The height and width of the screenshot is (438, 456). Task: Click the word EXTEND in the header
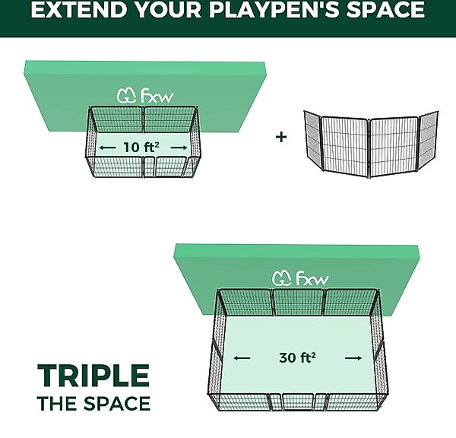click(79, 9)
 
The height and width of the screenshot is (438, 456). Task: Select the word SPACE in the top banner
click(385, 9)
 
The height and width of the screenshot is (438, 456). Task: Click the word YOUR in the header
click(169, 9)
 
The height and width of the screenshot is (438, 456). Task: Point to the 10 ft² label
click(141, 148)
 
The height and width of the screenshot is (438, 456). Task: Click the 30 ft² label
click(297, 357)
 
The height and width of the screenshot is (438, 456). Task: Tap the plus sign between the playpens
click(281, 137)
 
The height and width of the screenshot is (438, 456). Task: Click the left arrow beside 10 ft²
click(107, 148)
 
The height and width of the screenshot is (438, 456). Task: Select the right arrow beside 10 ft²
click(179, 148)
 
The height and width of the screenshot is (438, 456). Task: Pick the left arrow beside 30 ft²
click(242, 358)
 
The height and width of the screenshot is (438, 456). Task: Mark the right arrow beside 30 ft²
click(353, 358)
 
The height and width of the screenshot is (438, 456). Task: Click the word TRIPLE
click(93, 376)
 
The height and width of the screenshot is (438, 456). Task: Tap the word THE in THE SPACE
click(58, 403)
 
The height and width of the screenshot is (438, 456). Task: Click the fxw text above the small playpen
click(157, 96)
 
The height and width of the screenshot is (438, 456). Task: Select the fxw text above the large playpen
click(312, 278)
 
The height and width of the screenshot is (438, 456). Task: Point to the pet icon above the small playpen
click(126, 96)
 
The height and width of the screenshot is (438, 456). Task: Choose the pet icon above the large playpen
click(282, 278)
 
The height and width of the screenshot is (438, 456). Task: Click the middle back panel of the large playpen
click(299, 303)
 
